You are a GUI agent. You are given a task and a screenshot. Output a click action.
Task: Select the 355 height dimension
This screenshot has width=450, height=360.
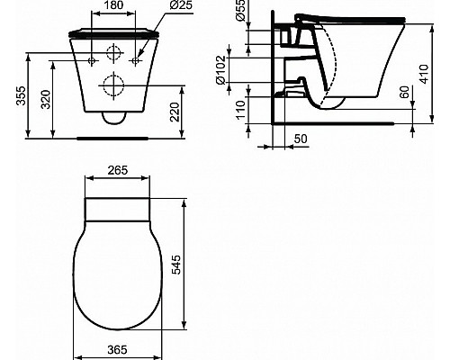(x=12, y=94)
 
